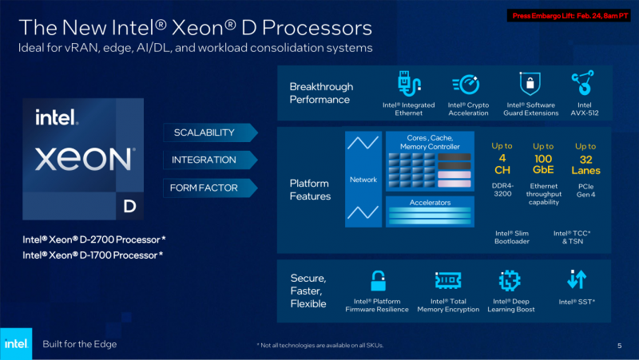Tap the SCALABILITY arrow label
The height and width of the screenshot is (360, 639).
(204, 132)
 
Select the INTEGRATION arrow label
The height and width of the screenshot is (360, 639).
(204, 160)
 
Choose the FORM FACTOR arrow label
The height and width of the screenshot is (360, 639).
(204, 188)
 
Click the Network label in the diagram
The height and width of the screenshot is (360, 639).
(363, 180)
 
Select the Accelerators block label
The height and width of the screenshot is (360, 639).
(431, 203)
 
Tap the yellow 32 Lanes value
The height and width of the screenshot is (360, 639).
(585, 164)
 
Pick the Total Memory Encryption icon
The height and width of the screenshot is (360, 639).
(447, 281)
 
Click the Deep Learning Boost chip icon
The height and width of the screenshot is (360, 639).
(508, 281)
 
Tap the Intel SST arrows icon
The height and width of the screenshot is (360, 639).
(576, 279)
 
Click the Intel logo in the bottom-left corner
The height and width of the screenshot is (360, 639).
(16, 343)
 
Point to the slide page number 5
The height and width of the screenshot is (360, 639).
(619, 345)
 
